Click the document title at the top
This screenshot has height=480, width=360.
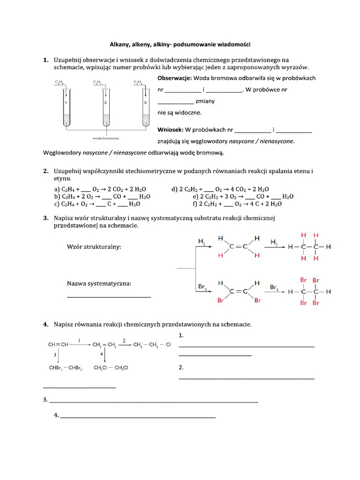[x=180, y=45]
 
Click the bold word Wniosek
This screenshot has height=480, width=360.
[x=170, y=129]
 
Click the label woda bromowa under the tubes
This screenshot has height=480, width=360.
[x=105, y=138]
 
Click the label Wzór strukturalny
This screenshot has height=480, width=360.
[x=95, y=247]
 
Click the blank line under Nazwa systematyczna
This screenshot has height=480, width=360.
[x=109, y=297]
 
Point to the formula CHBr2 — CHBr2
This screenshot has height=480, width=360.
[x=65, y=368]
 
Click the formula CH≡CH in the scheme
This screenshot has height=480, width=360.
[x=58, y=344]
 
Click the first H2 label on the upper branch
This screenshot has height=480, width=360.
[x=202, y=242]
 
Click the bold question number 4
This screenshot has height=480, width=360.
[x=45, y=324]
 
